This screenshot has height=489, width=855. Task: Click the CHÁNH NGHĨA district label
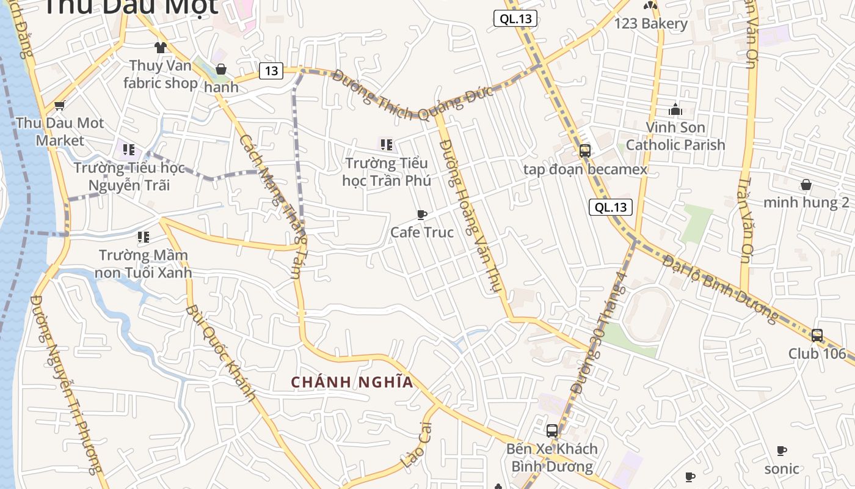pyautogui.click(x=352, y=383)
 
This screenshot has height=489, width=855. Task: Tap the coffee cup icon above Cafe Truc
pyautogui.click(x=421, y=215)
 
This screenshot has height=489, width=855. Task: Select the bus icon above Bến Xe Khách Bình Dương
pyautogui.click(x=552, y=430)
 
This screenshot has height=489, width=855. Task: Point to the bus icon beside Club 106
pyautogui.click(x=817, y=335)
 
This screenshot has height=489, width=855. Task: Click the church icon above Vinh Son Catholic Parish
pyautogui.click(x=675, y=109)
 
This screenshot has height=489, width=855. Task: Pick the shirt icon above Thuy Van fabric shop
pyautogui.click(x=161, y=47)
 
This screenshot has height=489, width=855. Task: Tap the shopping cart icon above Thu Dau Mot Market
pyautogui.click(x=60, y=105)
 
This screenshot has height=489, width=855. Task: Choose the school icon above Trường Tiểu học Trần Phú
pyautogui.click(x=386, y=145)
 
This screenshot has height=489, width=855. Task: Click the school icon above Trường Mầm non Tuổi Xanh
pyautogui.click(x=144, y=237)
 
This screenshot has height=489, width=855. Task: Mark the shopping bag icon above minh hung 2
pyautogui.click(x=806, y=185)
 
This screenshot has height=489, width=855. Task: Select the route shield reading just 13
pyautogui.click(x=271, y=71)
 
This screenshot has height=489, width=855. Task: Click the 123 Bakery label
pyautogui.click(x=651, y=24)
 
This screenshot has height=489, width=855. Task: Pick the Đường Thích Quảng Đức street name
pyautogui.click(x=413, y=96)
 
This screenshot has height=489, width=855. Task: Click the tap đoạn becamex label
pyautogui.click(x=585, y=169)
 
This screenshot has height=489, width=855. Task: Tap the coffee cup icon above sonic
pyautogui.click(x=782, y=451)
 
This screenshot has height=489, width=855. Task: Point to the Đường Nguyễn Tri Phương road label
pyautogui.click(x=66, y=385)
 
